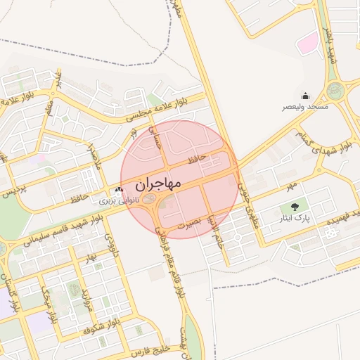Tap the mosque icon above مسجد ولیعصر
tap(305, 96)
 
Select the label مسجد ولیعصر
tap(304, 107)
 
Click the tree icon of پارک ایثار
tap(294, 207)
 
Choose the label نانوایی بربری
tap(116, 200)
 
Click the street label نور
tap(134, 134)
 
